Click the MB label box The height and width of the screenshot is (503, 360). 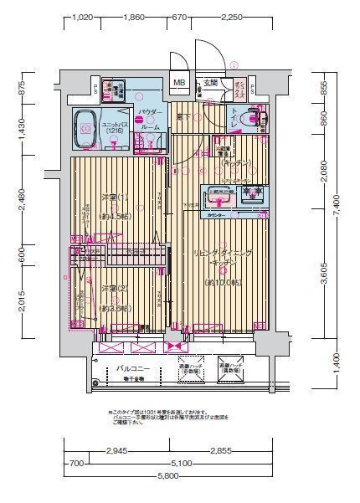(x=179, y=83)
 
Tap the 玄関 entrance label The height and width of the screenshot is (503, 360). (x=209, y=83)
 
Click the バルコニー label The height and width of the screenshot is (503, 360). (x=133, y=367)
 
